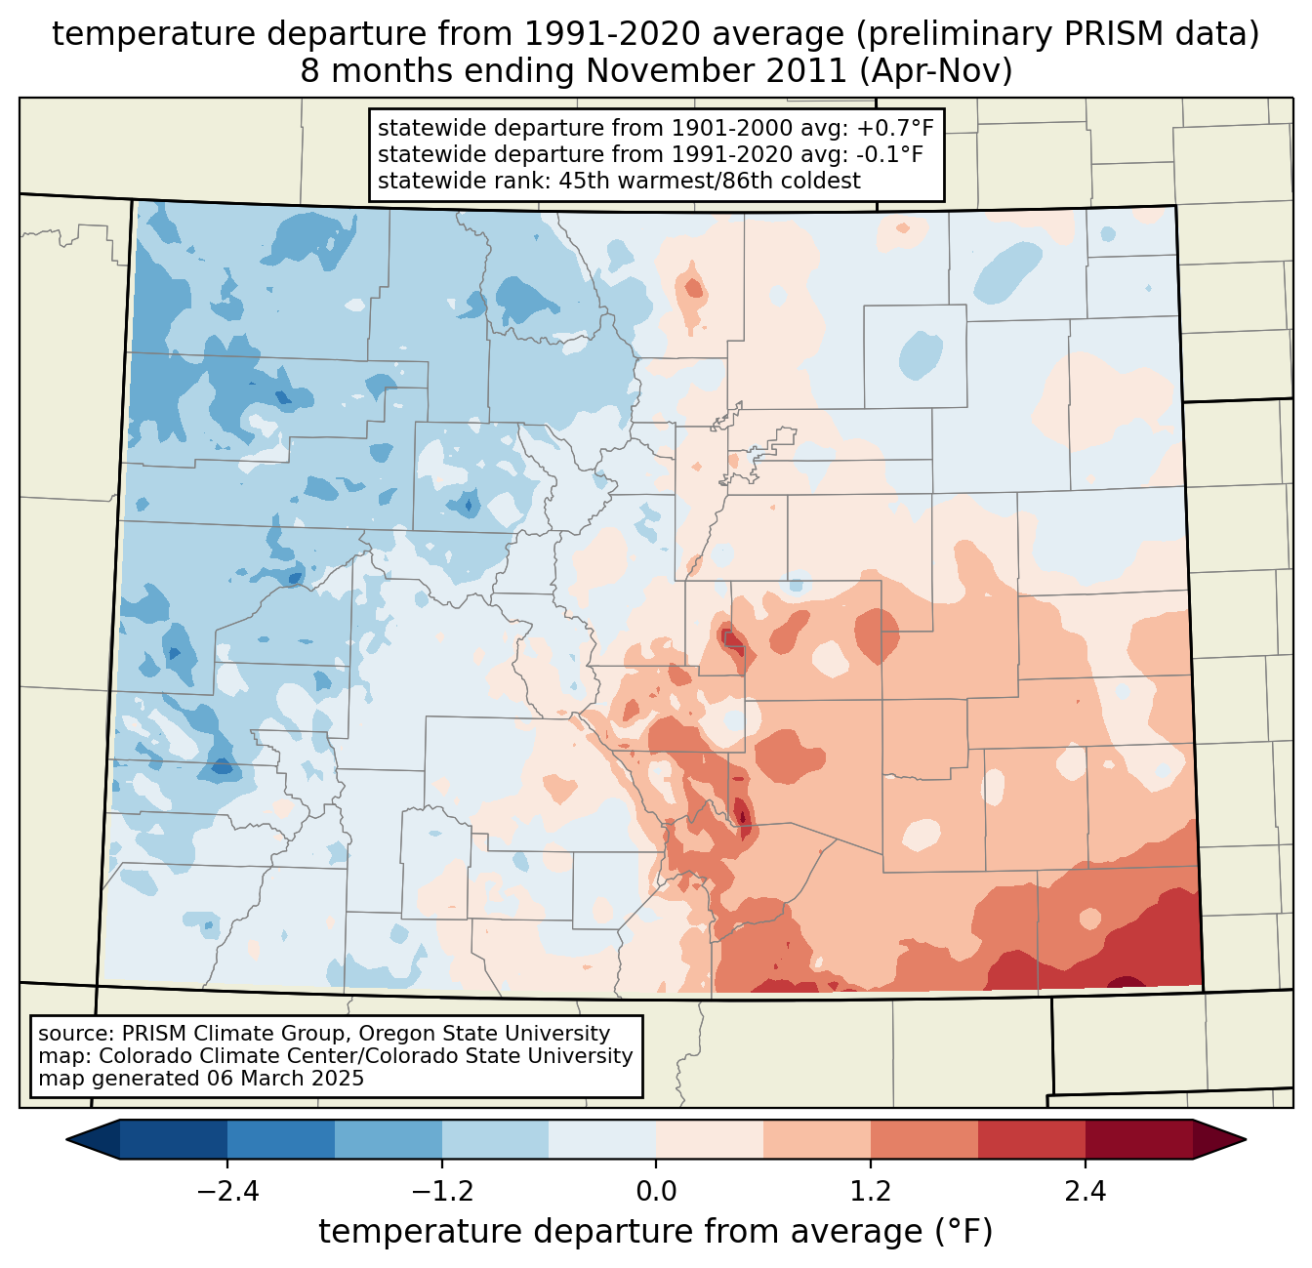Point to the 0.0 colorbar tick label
click(656, 1192)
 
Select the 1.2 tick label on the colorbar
click(871, 1192)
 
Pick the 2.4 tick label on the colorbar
click(1086, 1192)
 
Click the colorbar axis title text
click(656, 1232)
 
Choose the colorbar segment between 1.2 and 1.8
click(924, 1139)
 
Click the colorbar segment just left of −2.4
click(174, 1139)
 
